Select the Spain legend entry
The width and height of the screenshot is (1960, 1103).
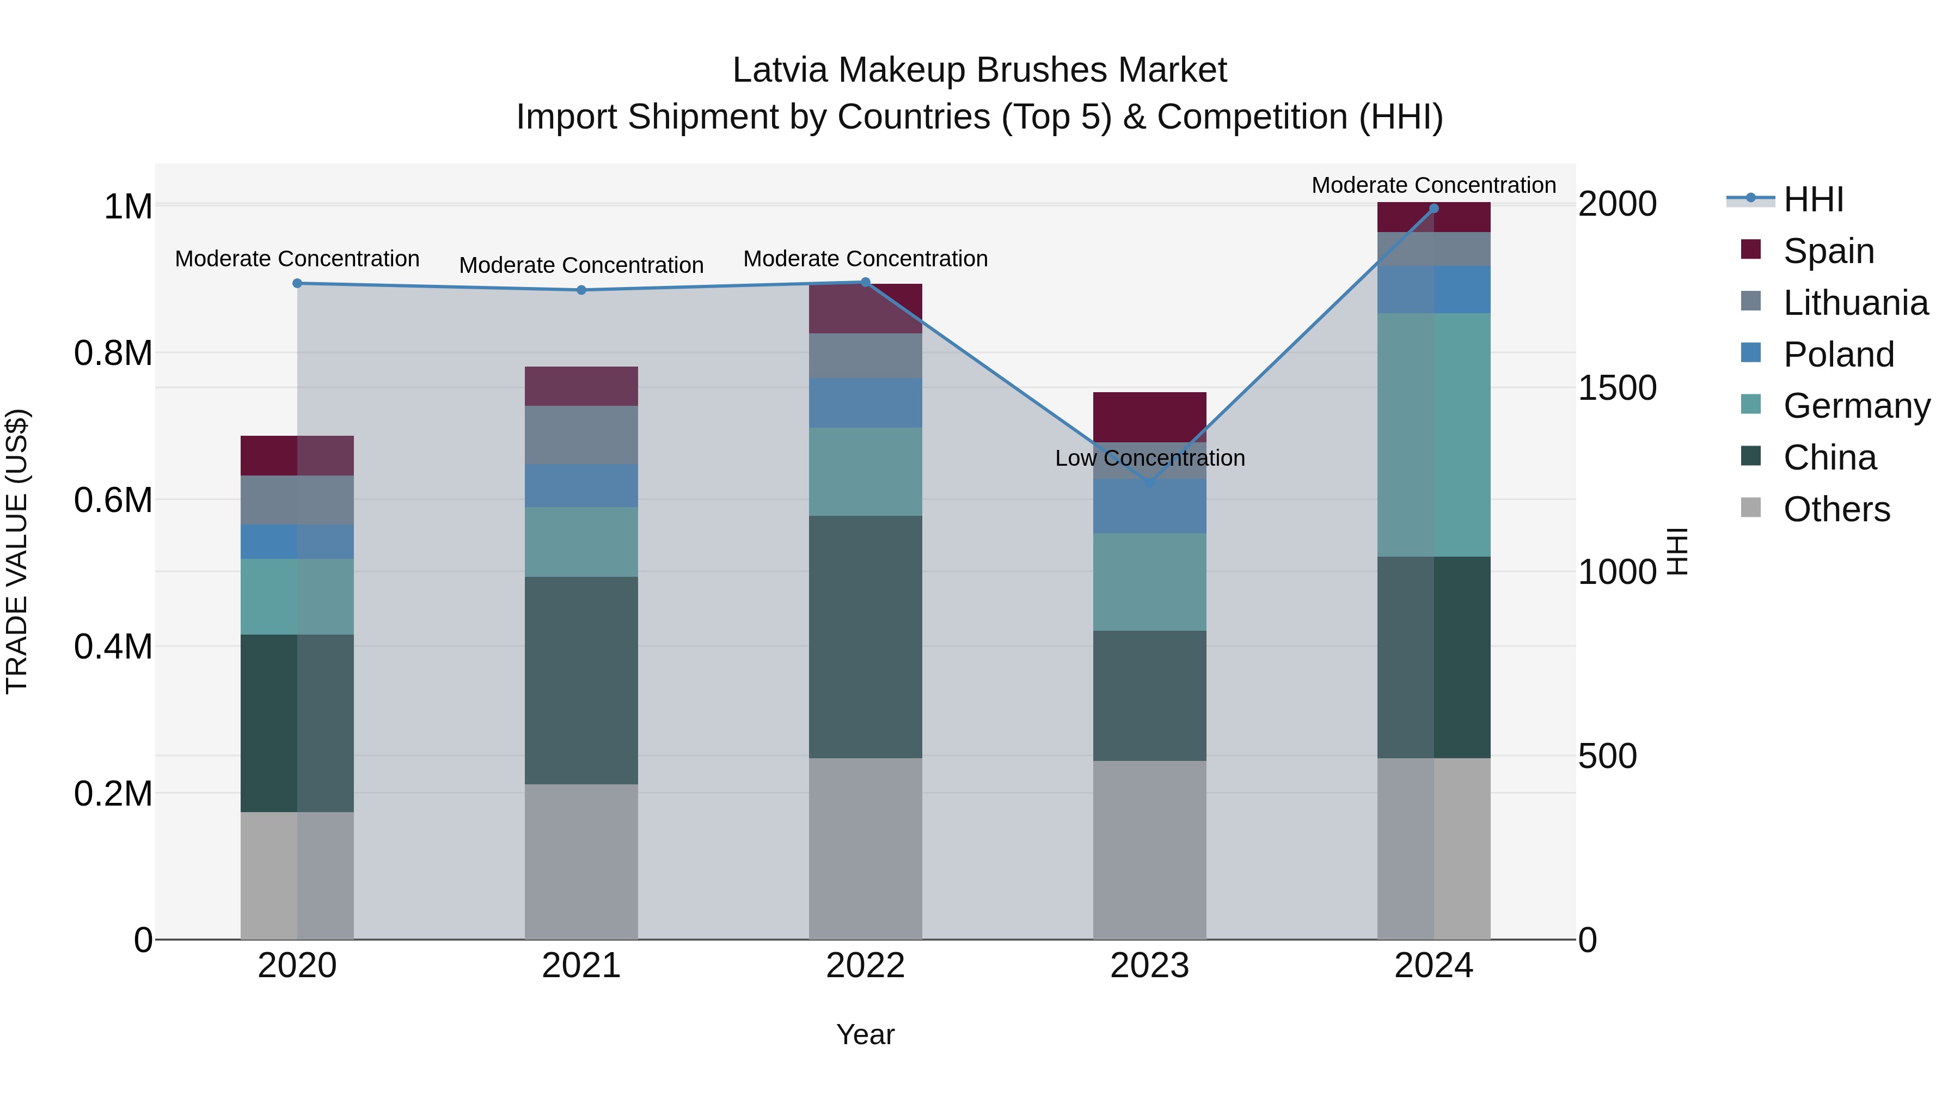coord(1828,251)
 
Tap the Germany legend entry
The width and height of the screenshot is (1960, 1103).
coord(1857,406)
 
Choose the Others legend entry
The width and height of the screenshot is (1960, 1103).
coord(1836,509)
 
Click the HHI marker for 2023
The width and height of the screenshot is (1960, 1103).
coord(1150,483)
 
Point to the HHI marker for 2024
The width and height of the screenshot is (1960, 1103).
coord(1434,209)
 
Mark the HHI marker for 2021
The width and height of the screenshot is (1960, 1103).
coord(581,290)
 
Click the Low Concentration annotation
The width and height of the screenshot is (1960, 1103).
coord(1150,458)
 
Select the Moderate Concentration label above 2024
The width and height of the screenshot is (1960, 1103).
coord(1434,185)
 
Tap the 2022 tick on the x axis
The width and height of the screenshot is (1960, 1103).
coord(865,966)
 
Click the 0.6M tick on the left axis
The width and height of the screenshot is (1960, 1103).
coord(113,500)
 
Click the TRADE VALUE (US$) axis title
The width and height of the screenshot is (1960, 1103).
coord(17,551)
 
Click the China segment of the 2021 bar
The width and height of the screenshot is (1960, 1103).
coord(581,680)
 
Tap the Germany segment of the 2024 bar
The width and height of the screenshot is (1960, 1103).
coord(1434,435)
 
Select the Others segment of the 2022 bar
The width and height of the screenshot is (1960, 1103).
coord(865,848)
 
